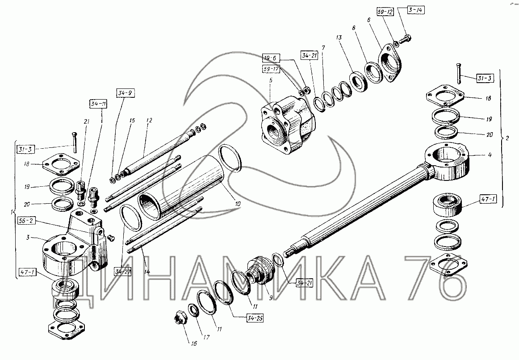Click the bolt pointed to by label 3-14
406,40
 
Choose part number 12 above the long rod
149,121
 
